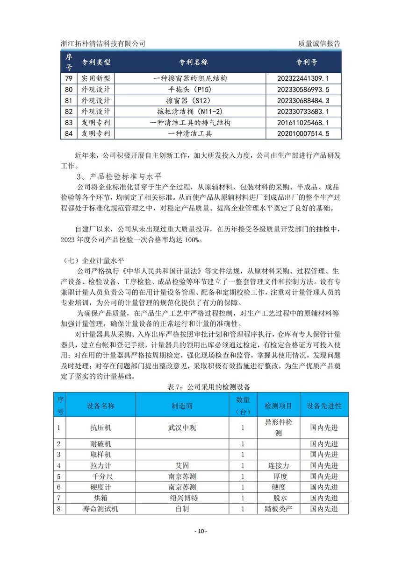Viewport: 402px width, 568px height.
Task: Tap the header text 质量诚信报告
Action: click(x=319, y=43)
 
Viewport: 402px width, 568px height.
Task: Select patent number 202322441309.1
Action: click(x=303, y=78)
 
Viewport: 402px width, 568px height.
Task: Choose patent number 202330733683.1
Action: click(x=303, y=112)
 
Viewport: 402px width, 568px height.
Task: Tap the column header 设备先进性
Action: click(x=324, y=406)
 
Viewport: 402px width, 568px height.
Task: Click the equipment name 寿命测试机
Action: click(x=100, y=509)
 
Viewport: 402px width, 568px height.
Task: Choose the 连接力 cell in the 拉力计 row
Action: click(x=278, y=465)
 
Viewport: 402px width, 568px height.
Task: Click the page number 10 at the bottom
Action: click(x=201, y=532)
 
